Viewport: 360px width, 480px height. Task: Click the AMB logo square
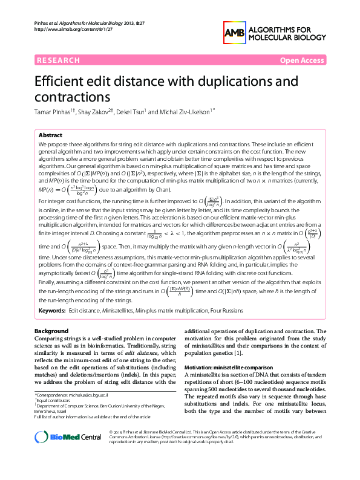click(235, 33)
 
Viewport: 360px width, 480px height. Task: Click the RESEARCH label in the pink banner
click(58, 60)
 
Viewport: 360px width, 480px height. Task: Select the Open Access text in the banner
click(301, 60)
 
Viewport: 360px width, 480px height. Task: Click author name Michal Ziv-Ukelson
click(183, 112)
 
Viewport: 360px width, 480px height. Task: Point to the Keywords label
click(52, 310)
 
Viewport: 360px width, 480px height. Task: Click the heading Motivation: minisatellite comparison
click(227, 368)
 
